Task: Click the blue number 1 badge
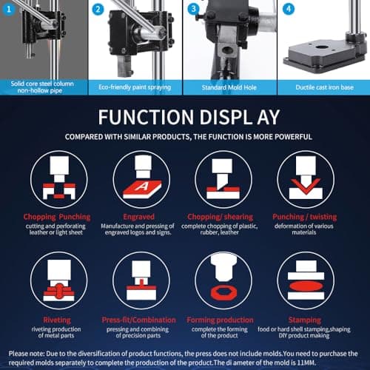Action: coord(9,10)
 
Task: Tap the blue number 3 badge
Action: coord(194,9)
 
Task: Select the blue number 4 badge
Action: coord(289,9)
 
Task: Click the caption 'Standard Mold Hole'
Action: coord(229,87)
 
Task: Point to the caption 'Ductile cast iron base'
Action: coord(324,87)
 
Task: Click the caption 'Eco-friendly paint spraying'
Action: coord(135,87)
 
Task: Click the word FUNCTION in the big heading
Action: coord(146,117)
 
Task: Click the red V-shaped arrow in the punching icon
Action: coord(306,186)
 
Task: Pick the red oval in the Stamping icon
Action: coord(306,286)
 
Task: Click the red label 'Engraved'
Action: coord(138,217)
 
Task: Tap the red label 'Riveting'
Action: coord(57,320)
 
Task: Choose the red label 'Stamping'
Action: coord(305,320)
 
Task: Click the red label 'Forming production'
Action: coord(220,320)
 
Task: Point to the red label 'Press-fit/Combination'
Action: coord(138,320)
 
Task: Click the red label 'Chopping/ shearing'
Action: coord(220,217)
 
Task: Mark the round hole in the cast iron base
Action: coord(321,47)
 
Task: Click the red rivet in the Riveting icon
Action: coord(58,291)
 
